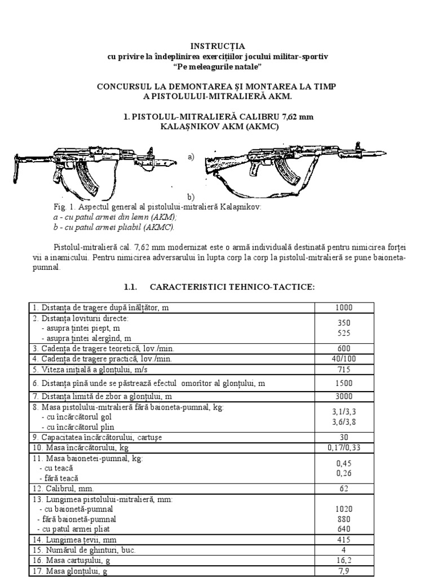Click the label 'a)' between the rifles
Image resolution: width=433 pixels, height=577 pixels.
pos(191,158)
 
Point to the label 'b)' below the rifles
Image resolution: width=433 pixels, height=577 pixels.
pos(191,197)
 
